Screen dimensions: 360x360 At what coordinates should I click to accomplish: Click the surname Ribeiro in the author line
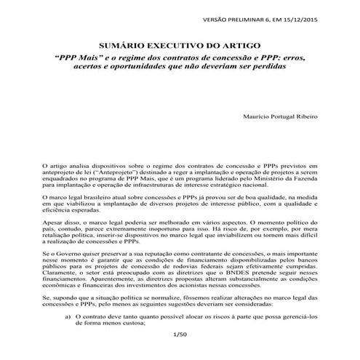pos(303,116)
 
